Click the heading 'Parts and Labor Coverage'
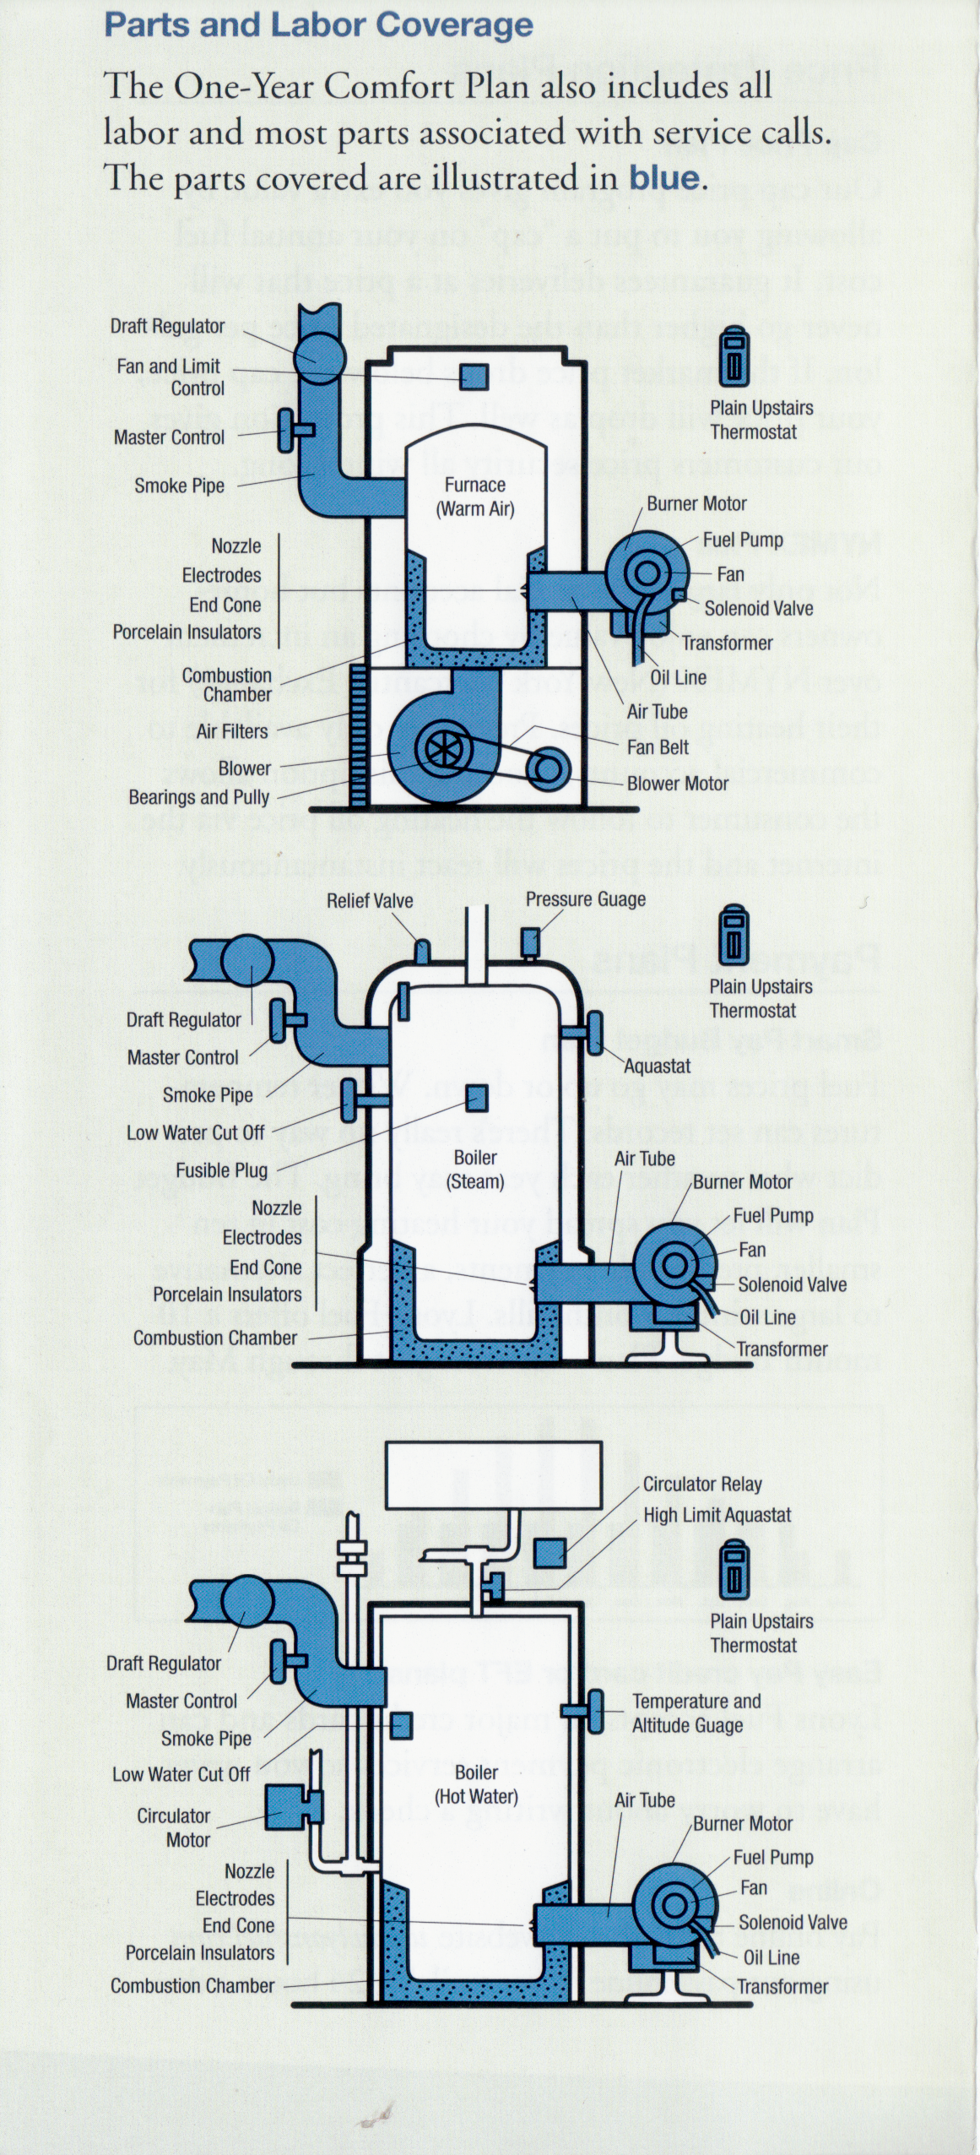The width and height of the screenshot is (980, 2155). coord(318,25)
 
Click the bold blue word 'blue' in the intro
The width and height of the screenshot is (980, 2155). coord(664,177)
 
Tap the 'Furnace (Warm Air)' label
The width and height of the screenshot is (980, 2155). coord(474,497)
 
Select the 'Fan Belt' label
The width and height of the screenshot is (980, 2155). coord(658,747)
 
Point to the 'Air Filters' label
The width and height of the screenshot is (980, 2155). coord(232,731)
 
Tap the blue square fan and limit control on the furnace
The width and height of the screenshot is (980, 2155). coord(474,377)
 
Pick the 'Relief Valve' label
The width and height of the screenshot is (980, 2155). coord(370,901)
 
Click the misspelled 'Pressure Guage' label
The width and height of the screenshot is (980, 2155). coord(586,899)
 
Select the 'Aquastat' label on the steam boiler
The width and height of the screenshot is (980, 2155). coord(658,1067)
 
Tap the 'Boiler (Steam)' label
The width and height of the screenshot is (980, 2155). coord(474,1169)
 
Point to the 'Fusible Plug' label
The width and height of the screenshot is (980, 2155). coord(221,1170)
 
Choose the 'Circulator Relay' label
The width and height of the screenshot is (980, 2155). coord(702,1484)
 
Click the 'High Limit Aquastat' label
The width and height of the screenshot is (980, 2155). coord(717,1515)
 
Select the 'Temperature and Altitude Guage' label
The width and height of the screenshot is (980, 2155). coord(696,1713)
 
